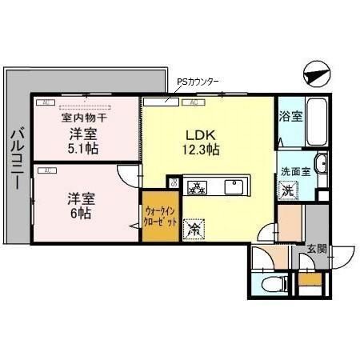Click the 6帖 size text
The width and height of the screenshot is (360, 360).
click(78, 214)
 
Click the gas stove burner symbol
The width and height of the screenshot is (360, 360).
click(197, 188)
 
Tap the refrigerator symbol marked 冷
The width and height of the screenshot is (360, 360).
click(194, 229)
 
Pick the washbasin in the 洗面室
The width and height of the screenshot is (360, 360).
click(320, 166)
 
